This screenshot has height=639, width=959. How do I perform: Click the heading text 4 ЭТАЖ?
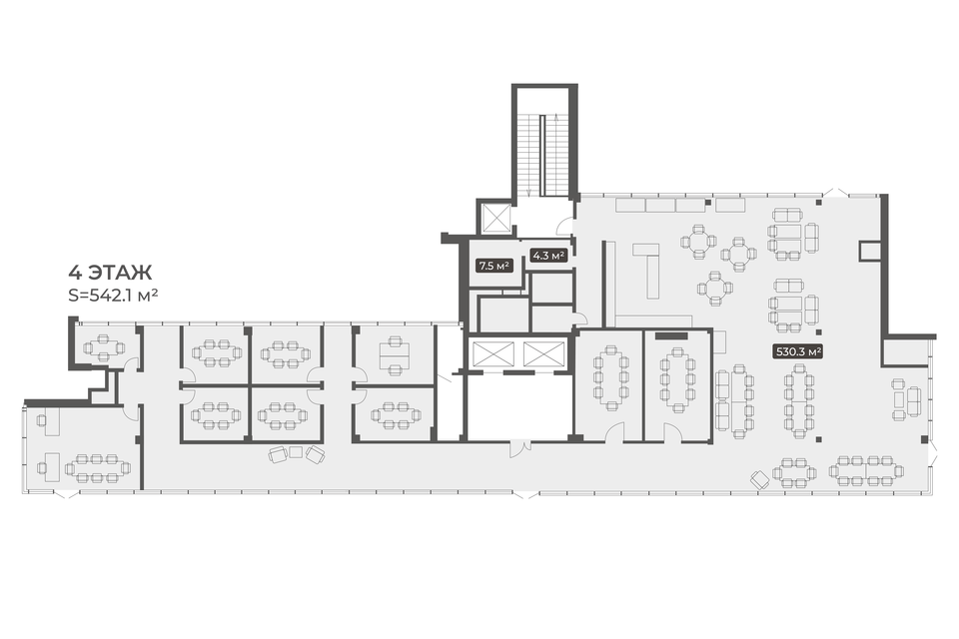coord(110,273)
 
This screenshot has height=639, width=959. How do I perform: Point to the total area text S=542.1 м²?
coord(114,296)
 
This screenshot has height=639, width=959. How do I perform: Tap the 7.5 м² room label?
coord(494,266)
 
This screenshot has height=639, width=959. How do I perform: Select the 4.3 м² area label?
coord(547,256)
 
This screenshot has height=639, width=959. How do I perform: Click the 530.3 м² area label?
coord(798,351)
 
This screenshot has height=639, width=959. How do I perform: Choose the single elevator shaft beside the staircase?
coord(496,217)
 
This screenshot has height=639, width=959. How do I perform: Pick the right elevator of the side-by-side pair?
coord(543,354)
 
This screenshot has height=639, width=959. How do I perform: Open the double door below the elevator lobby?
coord(519,448)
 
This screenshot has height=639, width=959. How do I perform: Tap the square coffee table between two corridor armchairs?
coord(296,452)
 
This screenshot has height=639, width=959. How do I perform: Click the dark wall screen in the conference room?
coord(671,335)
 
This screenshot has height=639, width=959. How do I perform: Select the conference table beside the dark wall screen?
coord(676,379)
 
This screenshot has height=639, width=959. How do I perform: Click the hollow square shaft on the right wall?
coord(868,251)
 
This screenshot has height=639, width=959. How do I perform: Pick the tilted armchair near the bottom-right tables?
coord(761,479)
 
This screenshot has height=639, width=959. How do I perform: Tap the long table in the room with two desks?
coord(98,469)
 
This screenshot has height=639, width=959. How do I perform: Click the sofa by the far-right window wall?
coord(913,399)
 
